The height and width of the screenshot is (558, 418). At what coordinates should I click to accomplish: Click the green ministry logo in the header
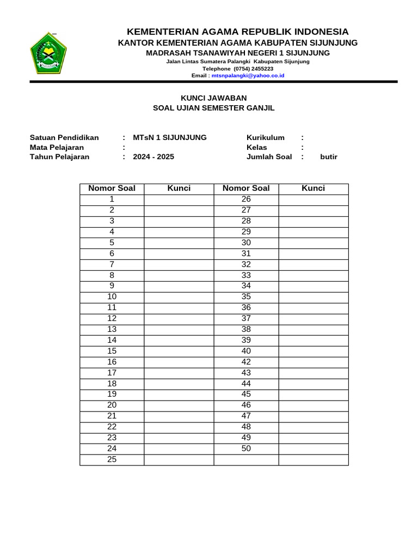(47, 53)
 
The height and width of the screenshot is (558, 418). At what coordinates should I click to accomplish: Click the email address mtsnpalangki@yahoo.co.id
(248, 76)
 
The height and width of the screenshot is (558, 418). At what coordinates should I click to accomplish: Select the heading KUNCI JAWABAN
(214, 98)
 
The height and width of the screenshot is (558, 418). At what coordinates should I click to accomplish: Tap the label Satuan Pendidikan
(64, 137)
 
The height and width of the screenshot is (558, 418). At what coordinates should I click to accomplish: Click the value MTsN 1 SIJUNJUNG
(170, 137)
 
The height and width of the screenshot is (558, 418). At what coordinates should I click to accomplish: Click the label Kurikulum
(266, 137)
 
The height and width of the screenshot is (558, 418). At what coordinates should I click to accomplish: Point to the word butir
(329, 156)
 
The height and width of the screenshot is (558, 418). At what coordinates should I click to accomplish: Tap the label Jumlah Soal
(269, 156)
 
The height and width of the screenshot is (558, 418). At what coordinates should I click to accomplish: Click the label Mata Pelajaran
(57, 147)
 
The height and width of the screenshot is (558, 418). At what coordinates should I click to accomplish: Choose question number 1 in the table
(112, 199)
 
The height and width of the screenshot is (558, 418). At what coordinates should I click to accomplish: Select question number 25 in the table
(112, 459)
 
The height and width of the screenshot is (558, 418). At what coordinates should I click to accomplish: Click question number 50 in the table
(246, 448)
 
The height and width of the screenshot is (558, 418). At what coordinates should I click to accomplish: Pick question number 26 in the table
(246, 199)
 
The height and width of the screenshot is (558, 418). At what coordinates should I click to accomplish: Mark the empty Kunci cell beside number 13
(179, 329)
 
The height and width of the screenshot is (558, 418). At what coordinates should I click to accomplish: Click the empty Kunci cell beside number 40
(313, 351)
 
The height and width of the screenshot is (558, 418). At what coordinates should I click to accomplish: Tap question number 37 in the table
(246, 318)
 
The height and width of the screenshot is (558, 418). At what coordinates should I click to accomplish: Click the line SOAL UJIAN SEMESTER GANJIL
(214, 108)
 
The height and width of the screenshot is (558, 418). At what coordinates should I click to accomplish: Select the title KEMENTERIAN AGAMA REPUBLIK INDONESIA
(238, 32)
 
